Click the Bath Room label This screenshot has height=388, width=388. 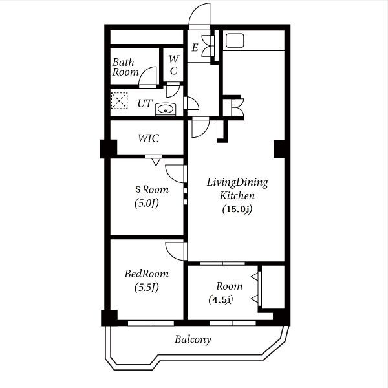(125, 67)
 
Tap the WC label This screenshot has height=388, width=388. (174, 65)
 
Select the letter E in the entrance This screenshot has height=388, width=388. (195, 47)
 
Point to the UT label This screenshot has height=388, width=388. (145, 103)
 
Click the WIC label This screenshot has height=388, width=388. (149, 138)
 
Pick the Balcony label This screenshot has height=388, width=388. (193, 339)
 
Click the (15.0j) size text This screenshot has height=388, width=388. (237, 210)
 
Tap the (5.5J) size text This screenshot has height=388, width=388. (147, 287)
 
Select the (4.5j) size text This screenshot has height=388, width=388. (221, 300)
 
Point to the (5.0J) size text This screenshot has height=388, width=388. (147, 203)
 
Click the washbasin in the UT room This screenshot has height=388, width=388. (166, 110)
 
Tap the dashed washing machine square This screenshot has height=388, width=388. (119, 101)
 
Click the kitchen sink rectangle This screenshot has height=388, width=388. (235, 40)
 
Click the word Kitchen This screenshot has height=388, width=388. (237, 196)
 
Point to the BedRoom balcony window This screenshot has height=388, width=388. (151, 323)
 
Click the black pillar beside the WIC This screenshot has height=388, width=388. (109, 149)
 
